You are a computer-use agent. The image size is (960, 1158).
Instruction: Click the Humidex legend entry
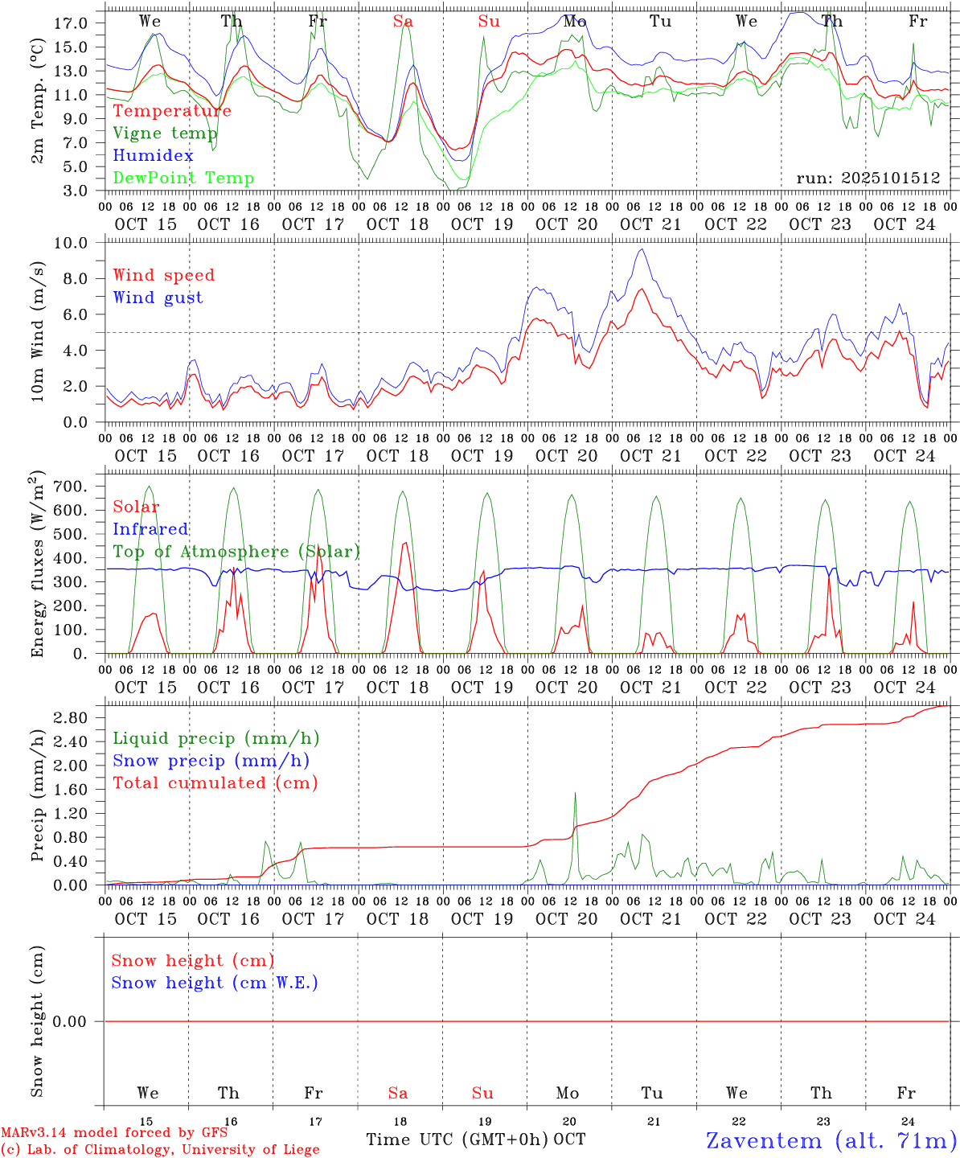(153, 156)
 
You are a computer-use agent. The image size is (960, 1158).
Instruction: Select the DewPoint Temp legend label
(183, 179)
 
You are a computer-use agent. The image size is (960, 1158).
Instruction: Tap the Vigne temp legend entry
(165, 133)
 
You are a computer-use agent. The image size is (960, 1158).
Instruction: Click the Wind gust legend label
(158, 298)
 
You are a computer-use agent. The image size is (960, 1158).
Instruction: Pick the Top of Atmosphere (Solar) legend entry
(236, 552)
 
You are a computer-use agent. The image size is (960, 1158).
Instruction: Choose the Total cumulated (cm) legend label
(215, 783)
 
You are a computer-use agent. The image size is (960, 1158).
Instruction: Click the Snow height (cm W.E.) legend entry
(214, 983)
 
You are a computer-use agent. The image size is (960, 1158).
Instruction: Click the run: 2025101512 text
(868, 179)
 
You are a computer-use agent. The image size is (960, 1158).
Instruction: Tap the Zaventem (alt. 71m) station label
(831, 1140)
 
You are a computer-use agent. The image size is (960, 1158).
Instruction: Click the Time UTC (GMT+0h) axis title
(457, 1140)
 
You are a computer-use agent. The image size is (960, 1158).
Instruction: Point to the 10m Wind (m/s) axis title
(38, 332)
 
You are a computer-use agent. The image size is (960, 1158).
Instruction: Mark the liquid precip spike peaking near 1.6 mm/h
(575, 794)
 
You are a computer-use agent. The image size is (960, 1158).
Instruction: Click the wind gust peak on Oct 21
(641, 249)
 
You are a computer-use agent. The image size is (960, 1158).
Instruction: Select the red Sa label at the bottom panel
(397, 1093)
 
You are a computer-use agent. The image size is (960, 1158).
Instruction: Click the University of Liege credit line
(160, 1150)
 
